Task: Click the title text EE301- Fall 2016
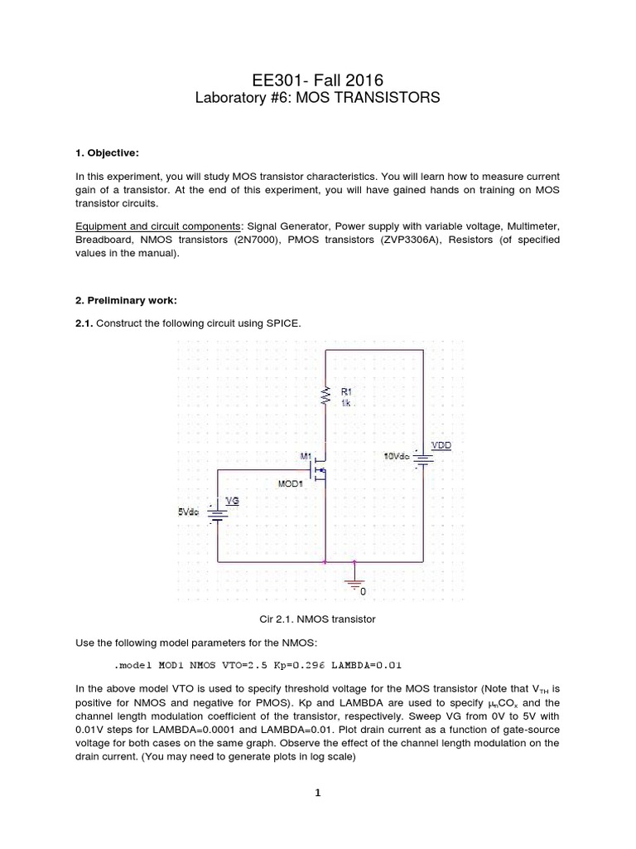pyautogui.click(x=317, y=80)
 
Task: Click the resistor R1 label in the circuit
pyautogui.click(x=346, y=391)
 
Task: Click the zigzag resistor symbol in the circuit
pyautogui.click(x=325, y=396)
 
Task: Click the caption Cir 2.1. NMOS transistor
pyautogui.click(x=317, y=619)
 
